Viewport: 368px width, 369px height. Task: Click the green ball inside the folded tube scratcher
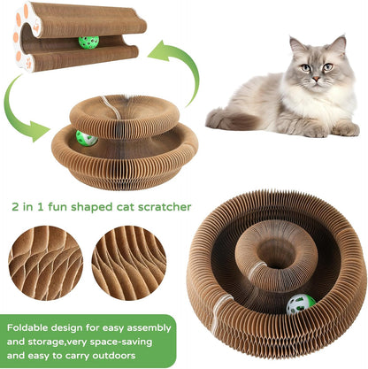88,42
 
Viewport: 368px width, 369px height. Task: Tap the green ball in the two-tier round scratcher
86,138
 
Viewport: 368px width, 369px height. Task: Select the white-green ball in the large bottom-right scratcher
298,304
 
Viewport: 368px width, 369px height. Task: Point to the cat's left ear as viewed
295,44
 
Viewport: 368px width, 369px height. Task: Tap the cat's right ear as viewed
338,43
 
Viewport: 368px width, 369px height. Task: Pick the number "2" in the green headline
39,207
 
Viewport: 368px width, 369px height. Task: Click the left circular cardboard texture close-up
45,263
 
